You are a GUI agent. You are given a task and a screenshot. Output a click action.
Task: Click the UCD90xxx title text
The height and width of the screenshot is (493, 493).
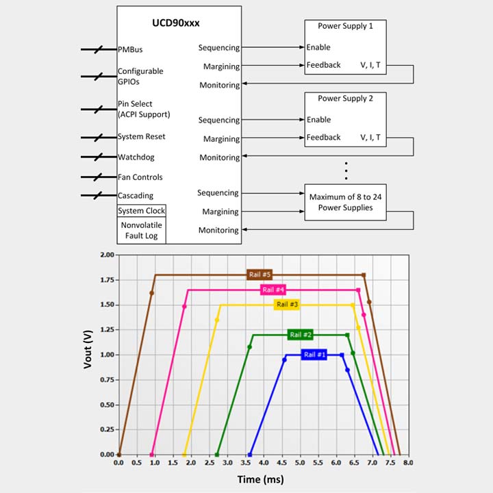click(x=180, y=23)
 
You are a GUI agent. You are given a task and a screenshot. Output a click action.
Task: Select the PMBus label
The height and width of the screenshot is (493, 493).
click(x=130, y=50)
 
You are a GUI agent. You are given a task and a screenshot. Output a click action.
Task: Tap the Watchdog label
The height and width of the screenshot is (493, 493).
click(x=136, y=157)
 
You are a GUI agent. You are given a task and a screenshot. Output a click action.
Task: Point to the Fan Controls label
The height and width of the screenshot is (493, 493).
click(x=140, y=177)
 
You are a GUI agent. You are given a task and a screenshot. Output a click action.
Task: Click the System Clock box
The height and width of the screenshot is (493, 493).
click(x=142, y=211)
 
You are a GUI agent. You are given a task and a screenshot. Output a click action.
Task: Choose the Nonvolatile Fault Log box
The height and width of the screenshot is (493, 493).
click(x=142, y=230)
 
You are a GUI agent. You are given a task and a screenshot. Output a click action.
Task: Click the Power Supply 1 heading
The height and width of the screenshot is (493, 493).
click(x=346, y=26)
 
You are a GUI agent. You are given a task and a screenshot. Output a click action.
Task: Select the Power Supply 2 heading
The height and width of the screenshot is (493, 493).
click(x=346, y=99)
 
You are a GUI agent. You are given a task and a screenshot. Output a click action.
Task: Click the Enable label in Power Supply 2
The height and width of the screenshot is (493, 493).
click(x=318, y=120)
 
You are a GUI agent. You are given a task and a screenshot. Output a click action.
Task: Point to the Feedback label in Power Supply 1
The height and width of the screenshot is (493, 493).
click(x=323, y=65)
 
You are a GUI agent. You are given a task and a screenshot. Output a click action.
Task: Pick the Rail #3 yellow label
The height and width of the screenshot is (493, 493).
click(x=287, y=304)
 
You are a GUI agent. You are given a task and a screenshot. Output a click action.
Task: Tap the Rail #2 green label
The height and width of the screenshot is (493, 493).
click(x=301, y=335)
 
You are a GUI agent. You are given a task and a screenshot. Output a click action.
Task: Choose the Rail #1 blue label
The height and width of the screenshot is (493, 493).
click(x=314, y=355)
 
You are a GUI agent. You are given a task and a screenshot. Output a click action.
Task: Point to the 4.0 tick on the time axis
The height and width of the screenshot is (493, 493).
click(x=263, y=464)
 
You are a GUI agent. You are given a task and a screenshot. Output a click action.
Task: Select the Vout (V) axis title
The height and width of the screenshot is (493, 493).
click(x=88, y=354)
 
